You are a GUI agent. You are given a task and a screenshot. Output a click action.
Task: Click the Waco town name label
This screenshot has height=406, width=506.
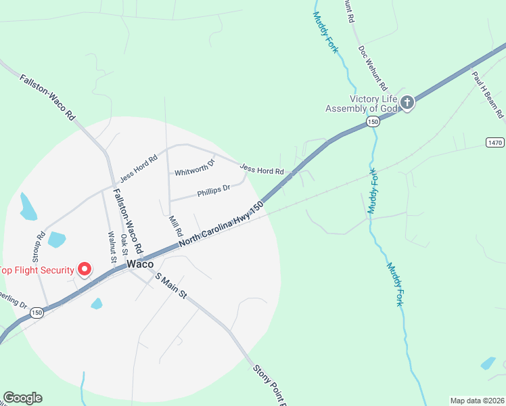pyautogui.click(x=139, y=265)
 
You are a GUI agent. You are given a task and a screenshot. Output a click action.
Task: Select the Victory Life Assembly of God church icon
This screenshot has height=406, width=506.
pyautogui.click(x=407, y=103)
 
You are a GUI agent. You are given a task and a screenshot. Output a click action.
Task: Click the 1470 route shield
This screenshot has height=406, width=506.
pyautogui.click(x=495, y=142)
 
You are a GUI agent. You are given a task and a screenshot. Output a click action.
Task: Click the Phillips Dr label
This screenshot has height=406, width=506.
pyautogui.click(x=214, y=191)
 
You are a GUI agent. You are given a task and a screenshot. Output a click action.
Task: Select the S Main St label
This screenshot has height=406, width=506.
pyautogui.click(x=170, y=286)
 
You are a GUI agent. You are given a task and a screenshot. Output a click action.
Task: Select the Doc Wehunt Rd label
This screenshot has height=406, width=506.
pyautogui.click(x=373, y=68)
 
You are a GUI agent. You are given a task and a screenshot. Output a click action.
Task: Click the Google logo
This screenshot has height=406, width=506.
pyautogui.click(x=22, y=398)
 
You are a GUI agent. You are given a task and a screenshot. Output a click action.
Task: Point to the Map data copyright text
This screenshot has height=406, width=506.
pyautogui.click(x=476, y=401)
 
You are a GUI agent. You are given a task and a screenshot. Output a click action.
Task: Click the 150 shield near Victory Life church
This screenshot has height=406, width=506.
pyautogui.click(x=373, y=121)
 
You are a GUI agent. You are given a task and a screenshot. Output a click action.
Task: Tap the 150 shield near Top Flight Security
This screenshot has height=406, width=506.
pyautogui.click(x=37, y=313)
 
